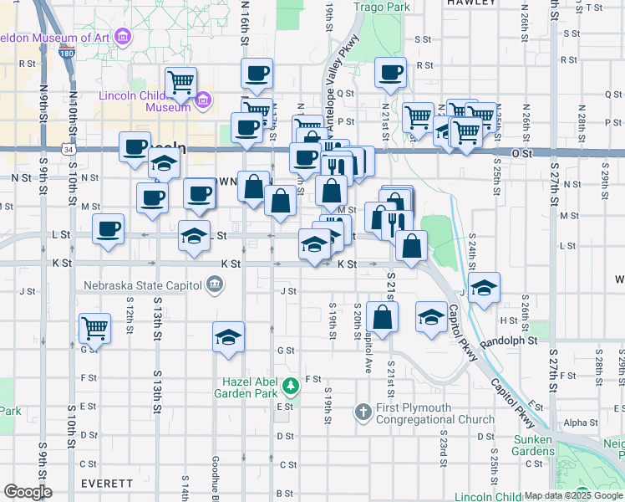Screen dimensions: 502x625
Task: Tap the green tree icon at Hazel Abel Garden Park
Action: click(291, 387)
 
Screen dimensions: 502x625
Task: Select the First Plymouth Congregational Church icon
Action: click(363, 412)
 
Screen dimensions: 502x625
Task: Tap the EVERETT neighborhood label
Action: click(106, 484)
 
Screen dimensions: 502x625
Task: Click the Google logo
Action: click(27, 492)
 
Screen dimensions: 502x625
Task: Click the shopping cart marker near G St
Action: click(95, 327)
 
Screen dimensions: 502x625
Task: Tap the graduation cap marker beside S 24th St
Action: click(484, 287)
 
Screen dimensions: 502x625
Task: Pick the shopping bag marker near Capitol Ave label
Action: click(382, 317)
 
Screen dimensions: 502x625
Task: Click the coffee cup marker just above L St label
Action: click(108, 228)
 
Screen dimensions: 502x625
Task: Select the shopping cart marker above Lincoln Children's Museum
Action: click(180, 82)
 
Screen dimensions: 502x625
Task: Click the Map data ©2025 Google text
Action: click(573, 495)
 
